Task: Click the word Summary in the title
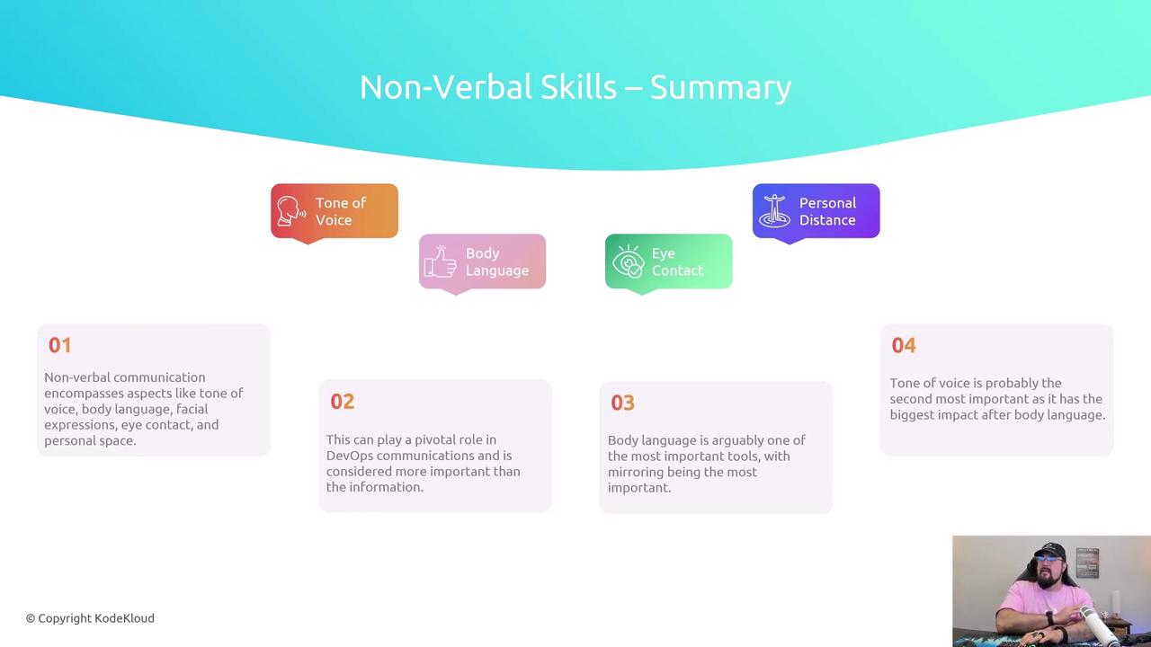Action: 720,88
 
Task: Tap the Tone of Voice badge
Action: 335,211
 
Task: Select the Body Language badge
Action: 483,261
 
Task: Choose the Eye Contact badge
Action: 668,261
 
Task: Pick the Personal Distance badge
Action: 816,211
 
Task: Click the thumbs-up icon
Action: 441,261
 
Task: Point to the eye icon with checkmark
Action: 628,261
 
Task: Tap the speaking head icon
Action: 290,211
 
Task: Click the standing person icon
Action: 775,210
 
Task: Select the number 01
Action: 59,345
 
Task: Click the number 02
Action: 343,401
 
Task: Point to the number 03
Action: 623,403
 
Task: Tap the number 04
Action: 904,345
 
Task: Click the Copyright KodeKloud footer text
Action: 90,618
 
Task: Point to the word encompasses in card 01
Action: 84,394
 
